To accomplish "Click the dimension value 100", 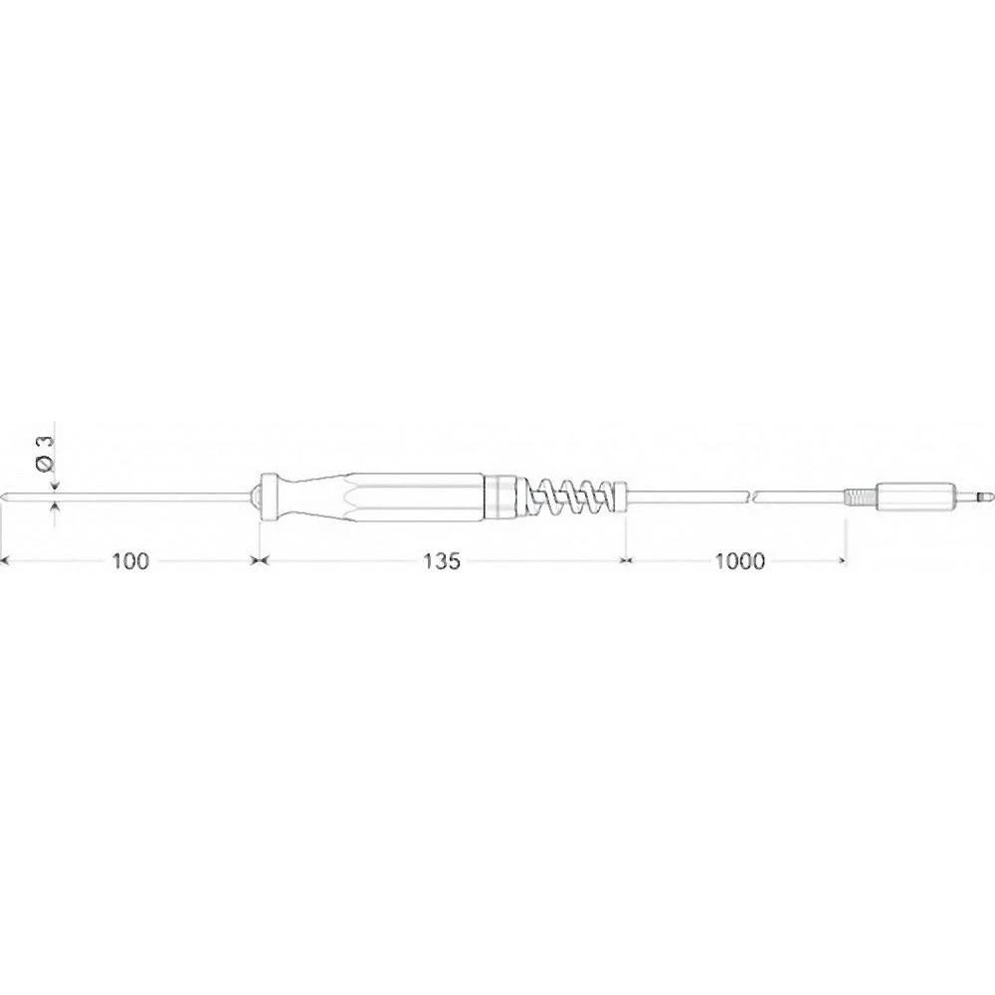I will (x=130, y=561).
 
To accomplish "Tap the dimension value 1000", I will (x=738, y=561).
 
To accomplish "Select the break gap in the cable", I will (x=752, y=495).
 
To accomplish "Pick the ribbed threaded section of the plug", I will (x=858, y=495).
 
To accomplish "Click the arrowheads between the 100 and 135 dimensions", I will (x=259, y=561).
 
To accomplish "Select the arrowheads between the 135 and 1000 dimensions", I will (x=625, y=561).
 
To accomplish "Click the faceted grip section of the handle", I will (x=398, y=495).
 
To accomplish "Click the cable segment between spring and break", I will (x=687, y=495).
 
